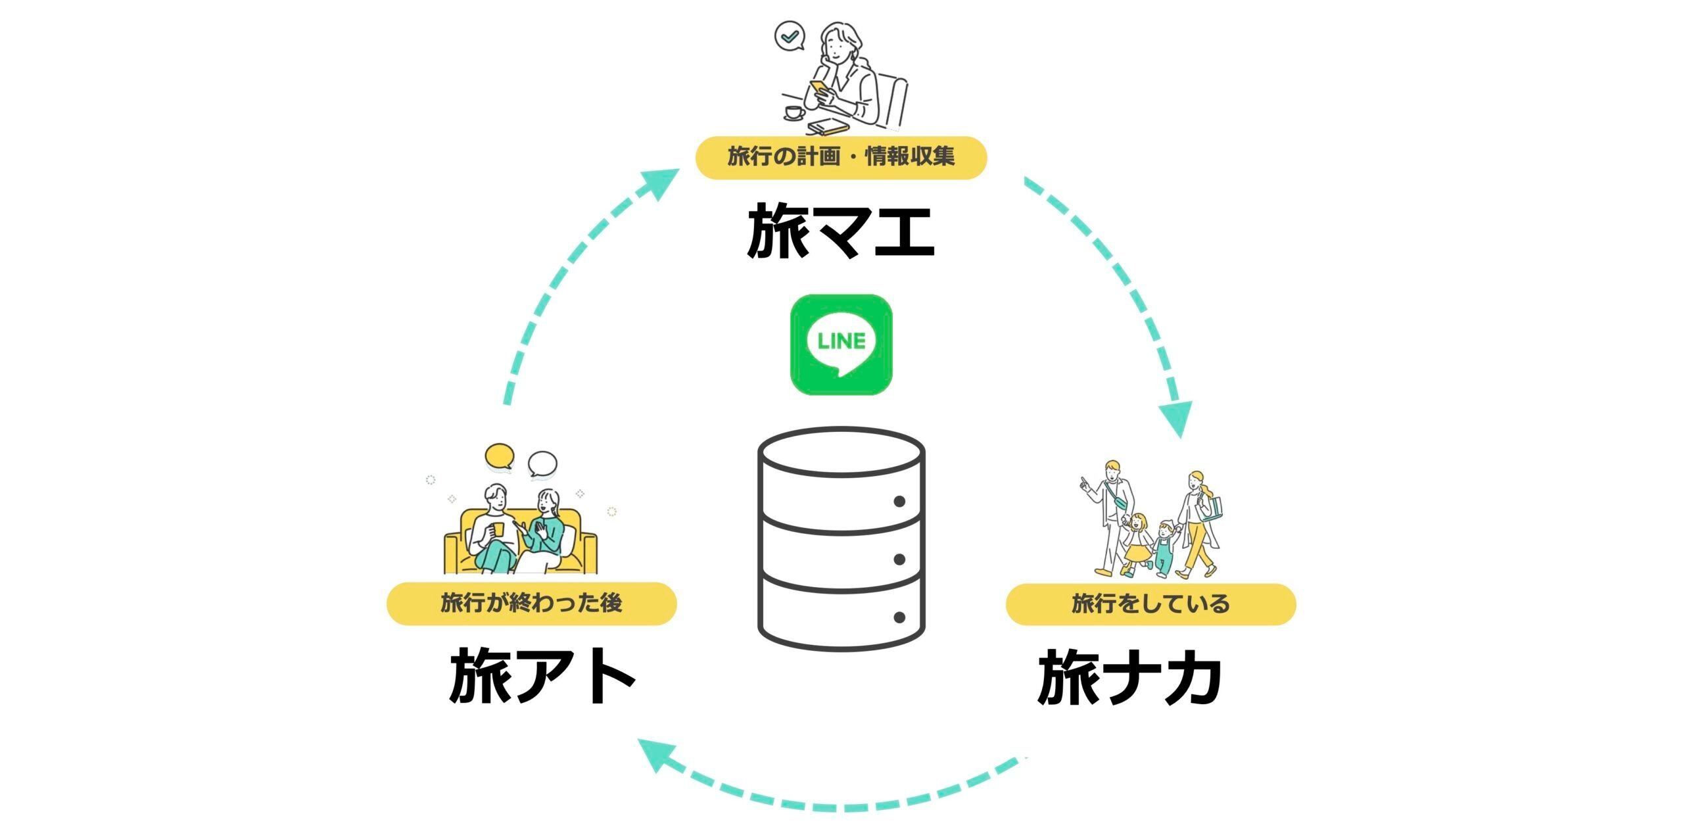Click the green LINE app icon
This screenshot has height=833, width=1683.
tap(841, 345)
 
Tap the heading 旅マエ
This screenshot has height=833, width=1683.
tap(841, 231)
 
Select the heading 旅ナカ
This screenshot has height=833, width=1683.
tap(1129, 677)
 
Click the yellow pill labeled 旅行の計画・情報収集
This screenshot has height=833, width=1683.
tap(841, 157)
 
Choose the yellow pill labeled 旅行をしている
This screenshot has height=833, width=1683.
tap(1150, 604)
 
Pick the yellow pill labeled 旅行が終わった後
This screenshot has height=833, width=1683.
tap(531, 603)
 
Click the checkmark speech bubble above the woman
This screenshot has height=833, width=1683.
tap(789, 36)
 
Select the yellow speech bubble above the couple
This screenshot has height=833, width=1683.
tap(500, 456)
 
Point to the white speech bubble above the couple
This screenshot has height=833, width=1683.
tap(542, 465)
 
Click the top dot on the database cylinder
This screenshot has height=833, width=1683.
tap(899, 502)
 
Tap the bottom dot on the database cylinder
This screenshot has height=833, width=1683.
tap(899, 617)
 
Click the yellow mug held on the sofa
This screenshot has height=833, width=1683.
tap(498, 529)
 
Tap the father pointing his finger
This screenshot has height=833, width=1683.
tap(1111, 513)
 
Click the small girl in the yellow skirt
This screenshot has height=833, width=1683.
tap(1136, 544)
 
